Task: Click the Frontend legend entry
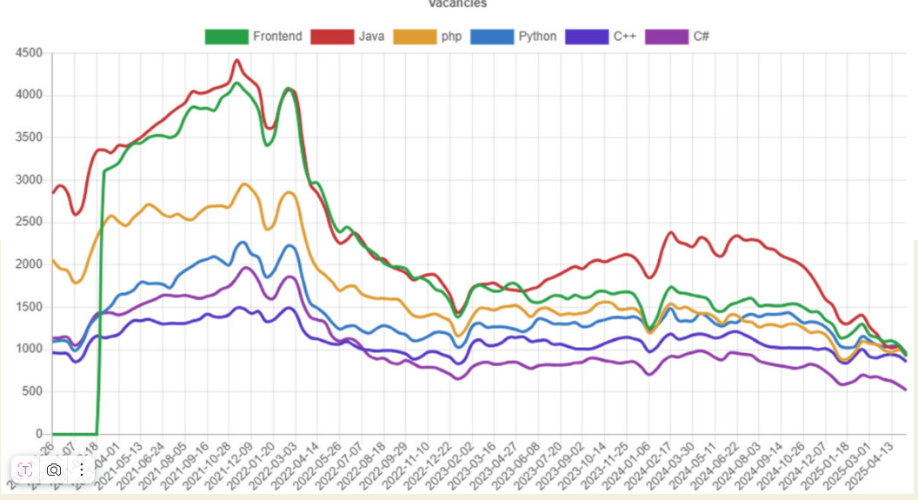point(253,37)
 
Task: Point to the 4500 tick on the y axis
point(28,53)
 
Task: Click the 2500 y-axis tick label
point(28,223)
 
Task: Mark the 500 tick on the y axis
point(31,391)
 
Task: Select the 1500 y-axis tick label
point(28,307)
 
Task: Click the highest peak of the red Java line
point(236,60)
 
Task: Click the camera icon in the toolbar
point(54,470)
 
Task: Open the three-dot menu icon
point(81,470)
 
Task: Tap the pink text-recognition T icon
point(26,470)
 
